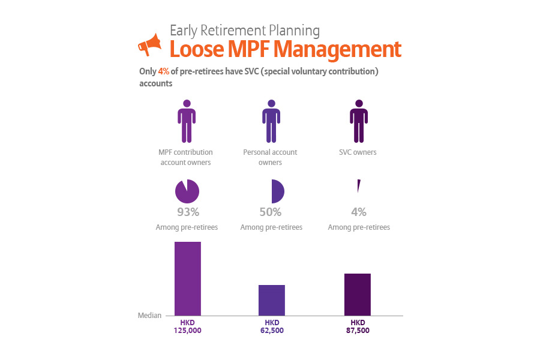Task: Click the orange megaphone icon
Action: pyautogui.click(x=149, y=44)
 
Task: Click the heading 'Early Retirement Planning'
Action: pyautogui.click(x=245, y=31)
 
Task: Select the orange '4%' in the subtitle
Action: pyautogui.click(x=164, y=71)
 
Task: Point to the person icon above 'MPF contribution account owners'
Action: pyautogui.click(x=187, y=121)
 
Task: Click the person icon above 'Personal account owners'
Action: pyautogui.click(x=271, y=121)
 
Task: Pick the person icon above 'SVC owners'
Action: pyautogui.click(x=359, y=121)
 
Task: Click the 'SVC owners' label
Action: pyautogui.click(x=358, y=152)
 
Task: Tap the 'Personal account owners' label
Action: pyautogui.click(x=271, y=157)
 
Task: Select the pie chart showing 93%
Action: pyautogui.click(x=187, y=191)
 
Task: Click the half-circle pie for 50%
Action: pyautogui.click(x=278, y=191)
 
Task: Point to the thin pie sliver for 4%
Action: pyautogui.click(x=359, y=185)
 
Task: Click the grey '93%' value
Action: pyautogui.click(x=188, y=212)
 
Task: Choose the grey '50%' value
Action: pyautogui.click(x=271, y=212)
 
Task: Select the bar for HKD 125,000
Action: pyautogui.click(x=188, y=278)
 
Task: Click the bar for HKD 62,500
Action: pyautogui.click(x=272, y=300)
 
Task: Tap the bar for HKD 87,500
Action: pyautogui.click(x=358, y=295)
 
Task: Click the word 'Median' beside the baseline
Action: pyautogui.click(x=149, y=316)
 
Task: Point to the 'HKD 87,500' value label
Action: pyautogui.click(x=358, y=326)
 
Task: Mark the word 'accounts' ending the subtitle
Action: pyautogui.click(x=155, y=83)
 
